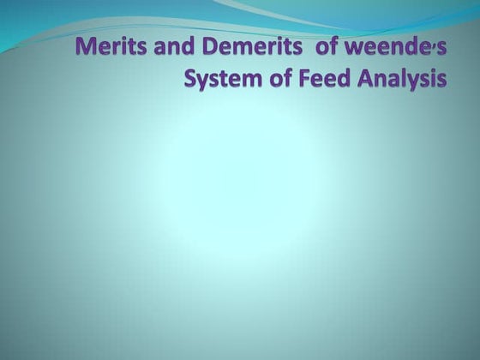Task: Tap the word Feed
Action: point(321,80)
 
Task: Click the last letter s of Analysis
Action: point(442,81)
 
